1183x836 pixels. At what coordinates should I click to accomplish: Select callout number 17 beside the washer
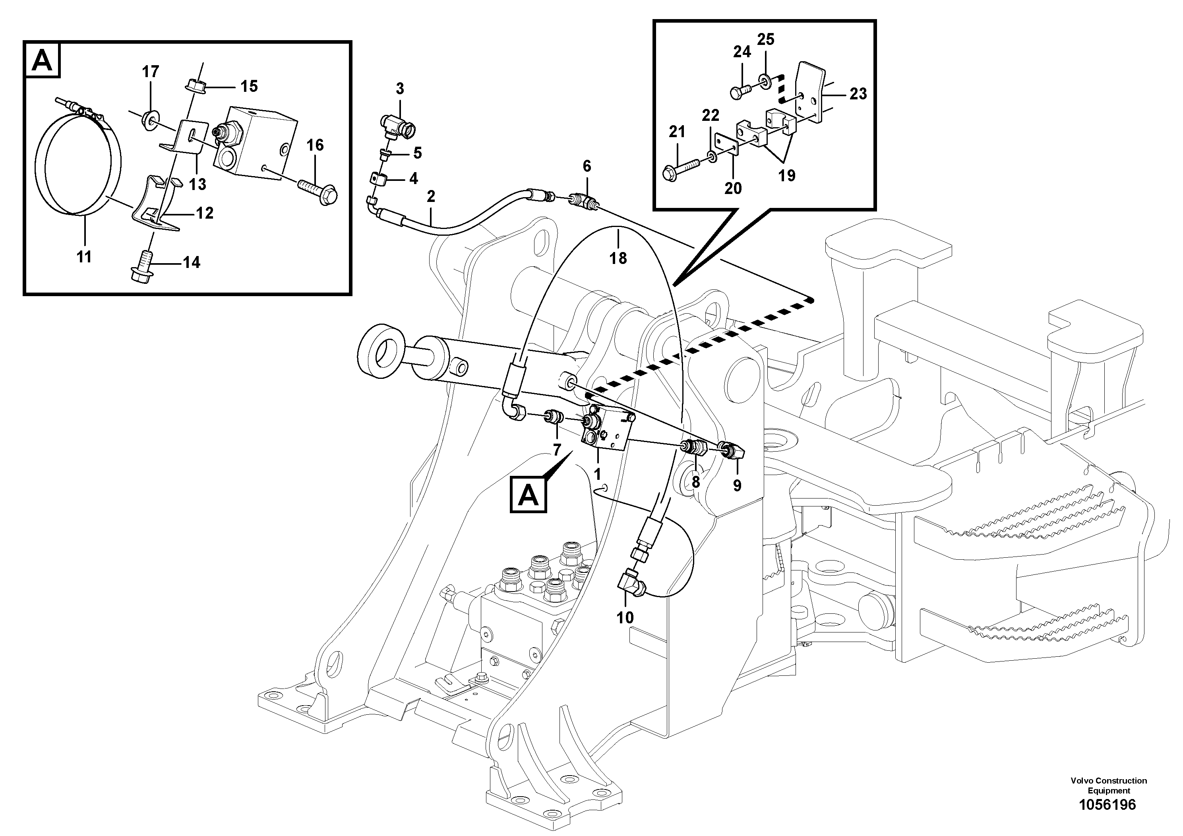pos(151,72)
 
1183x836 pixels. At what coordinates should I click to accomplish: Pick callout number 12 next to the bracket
pos(205,212)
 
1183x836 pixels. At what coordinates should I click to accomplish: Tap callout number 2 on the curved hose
pos(431,196)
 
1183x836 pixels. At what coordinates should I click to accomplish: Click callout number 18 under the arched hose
pos(618,258)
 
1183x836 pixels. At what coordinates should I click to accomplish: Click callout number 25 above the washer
pos(766,39)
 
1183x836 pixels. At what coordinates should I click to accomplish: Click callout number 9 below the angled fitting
pos(737,485)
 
